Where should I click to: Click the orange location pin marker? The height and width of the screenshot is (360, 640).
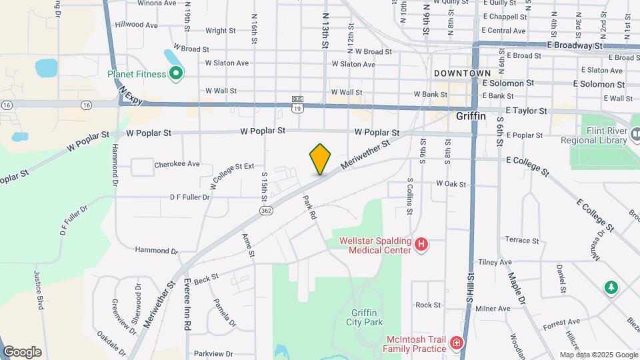pos(320,159)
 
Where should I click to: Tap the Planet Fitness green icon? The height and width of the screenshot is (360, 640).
pos(176,73)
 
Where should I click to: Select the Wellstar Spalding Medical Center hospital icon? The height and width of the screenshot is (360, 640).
pos(421,245)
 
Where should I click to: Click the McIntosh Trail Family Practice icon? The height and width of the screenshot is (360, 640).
pos(457,343)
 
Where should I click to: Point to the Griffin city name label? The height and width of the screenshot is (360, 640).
pos(471,115)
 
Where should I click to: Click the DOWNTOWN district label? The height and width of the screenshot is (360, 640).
pos(462,73)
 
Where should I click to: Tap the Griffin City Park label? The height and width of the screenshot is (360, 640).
pos(365,317)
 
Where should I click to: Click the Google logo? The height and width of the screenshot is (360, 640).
pos(22,352)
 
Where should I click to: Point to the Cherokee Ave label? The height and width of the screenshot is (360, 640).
pos(177,164)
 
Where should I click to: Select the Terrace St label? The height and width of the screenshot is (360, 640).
pos(522,240)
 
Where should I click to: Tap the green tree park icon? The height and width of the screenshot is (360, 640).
pos(611,287)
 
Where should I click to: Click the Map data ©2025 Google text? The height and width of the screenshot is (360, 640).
pos(597,355)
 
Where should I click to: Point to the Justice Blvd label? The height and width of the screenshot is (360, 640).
pos(38,294)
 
